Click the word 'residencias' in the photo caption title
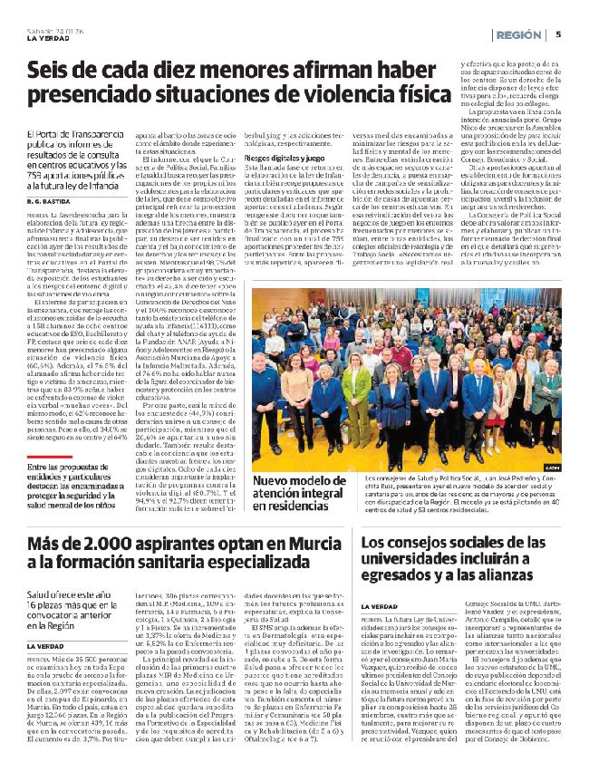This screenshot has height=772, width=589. coord(283,510)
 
